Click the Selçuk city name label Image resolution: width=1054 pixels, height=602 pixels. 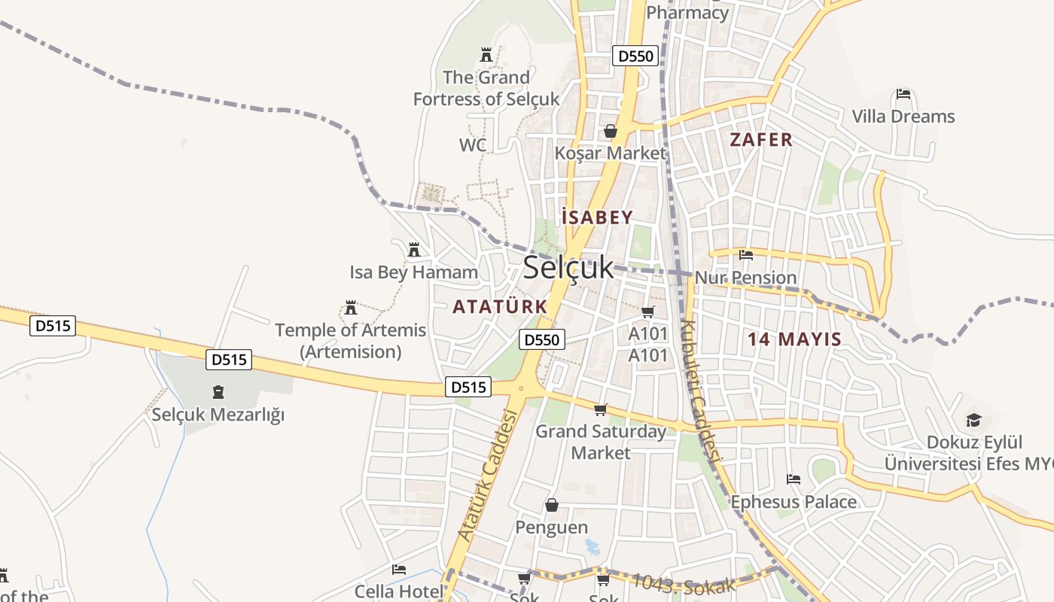click(568, 267)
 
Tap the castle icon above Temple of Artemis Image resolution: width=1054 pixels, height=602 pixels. click(350, 308)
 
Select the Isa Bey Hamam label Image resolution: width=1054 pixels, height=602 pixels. click(413, 272)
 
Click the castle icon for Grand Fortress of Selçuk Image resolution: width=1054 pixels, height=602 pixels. click(486, 55)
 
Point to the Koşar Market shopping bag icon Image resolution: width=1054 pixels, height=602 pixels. click(610, 131)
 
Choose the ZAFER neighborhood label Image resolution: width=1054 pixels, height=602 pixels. click(761, 139)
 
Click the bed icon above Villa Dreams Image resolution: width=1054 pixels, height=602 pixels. click(903, 95)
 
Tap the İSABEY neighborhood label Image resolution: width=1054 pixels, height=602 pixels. click(597, 218)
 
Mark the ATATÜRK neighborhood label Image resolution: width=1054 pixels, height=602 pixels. click(500, 306)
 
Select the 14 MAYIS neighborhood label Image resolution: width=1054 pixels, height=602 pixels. click(794, 339)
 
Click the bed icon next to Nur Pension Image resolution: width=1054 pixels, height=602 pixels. click(746, 255)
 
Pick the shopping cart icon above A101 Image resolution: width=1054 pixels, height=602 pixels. click(648, 312)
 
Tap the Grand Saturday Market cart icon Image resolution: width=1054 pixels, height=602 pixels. click(600, 409)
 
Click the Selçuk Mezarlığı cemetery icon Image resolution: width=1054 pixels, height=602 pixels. click(218, 392)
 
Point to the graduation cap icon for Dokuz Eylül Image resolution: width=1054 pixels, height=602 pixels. click(973, 420)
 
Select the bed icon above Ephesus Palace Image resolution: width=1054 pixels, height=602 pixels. click(793, 479)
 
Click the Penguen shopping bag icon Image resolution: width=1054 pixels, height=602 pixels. click(552, 504)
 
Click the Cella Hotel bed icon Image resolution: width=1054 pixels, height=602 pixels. click(399, 570)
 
